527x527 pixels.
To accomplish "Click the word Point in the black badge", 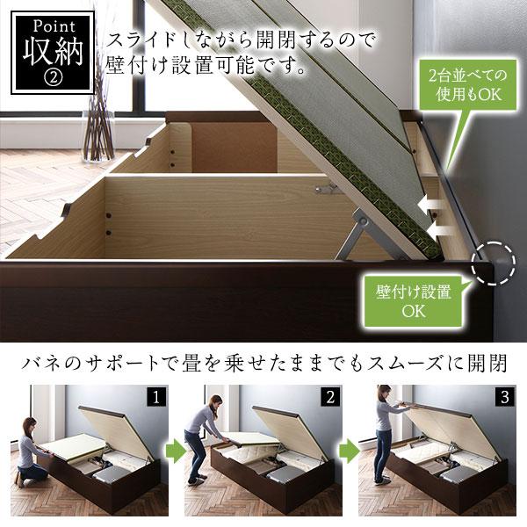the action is click(x=54, y=27).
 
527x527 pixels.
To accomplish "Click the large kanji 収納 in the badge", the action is click(x=53, y=52).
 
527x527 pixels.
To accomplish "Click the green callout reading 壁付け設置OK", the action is click(x=414, y=301).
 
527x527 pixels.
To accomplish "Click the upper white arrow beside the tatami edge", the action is click(x=430, y=204).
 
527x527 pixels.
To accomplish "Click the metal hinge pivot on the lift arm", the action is click(x=362, y=220).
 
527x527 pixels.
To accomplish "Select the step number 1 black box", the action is click(x=155, y=397).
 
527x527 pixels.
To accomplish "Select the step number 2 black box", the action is click(x=330, y=397).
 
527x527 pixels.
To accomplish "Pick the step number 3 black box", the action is click(x=505, y=397).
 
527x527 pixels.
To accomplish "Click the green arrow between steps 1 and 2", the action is click(x=176, y=452).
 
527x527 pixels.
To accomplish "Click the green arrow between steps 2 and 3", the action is click(x=350, y=452).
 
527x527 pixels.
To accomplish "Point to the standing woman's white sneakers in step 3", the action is click(x=380, y=481).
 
